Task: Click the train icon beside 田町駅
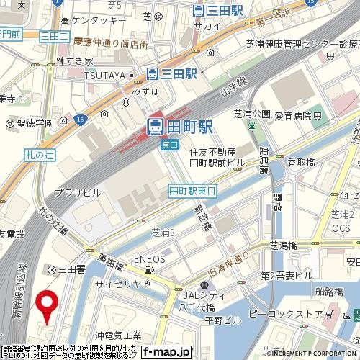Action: click(x=154, y=126)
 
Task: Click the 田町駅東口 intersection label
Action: click(x=192, y=190)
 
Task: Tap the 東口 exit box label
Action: click(x=169, y=145)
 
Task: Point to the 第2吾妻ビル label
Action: click(x=286, y=275)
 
